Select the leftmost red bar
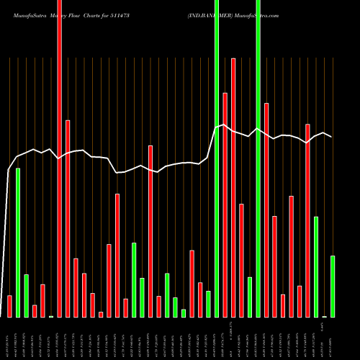9,306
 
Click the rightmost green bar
333,287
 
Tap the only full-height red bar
59,158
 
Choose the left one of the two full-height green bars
217,158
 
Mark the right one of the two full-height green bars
258,158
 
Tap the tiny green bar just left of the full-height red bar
51,316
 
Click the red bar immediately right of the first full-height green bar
225,205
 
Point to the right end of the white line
332,136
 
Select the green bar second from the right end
316,266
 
